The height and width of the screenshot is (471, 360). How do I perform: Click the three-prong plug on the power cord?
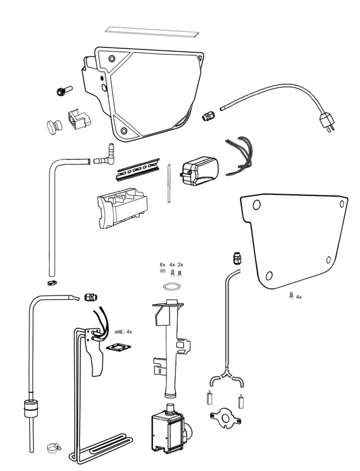coord(328,122)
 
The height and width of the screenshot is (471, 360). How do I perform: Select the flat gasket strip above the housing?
coord(152,32)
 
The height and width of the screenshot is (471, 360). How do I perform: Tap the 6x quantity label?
coord(162,264)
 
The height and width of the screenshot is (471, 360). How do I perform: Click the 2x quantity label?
coord(181,264)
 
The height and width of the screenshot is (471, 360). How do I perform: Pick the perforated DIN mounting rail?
coord(138,169)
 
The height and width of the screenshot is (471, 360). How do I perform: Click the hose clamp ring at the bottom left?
coord(54,448)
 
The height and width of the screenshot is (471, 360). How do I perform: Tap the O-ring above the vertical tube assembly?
coord(173,287)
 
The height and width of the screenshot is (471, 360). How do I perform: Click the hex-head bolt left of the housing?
coord(65,91)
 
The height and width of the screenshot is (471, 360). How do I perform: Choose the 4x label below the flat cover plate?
coord(299,297)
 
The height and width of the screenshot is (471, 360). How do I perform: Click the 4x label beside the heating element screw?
coord(129,332)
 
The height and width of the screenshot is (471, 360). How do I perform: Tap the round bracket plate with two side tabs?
coord(225,416)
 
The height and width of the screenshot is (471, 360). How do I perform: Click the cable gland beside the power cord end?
coord(208,115)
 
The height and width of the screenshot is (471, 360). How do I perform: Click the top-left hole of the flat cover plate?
coord(256,205)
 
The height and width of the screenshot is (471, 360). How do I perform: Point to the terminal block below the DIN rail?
coord(122,208)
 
